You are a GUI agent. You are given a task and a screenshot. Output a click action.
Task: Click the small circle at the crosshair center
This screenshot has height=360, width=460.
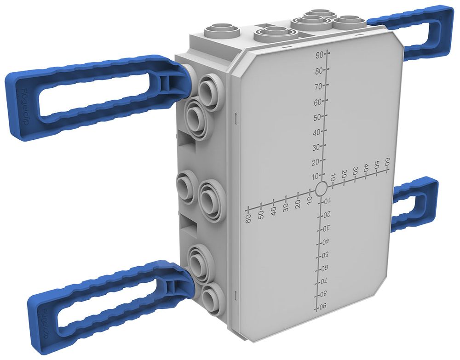pos(321,188)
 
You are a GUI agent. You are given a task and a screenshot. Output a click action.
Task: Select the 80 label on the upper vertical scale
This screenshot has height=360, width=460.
pos(318,71)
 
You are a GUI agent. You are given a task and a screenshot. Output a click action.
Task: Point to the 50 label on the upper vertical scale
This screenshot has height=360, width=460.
pos(317,117)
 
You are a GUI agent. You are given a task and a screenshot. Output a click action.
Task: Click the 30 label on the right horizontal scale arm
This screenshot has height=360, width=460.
pos(355,170)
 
